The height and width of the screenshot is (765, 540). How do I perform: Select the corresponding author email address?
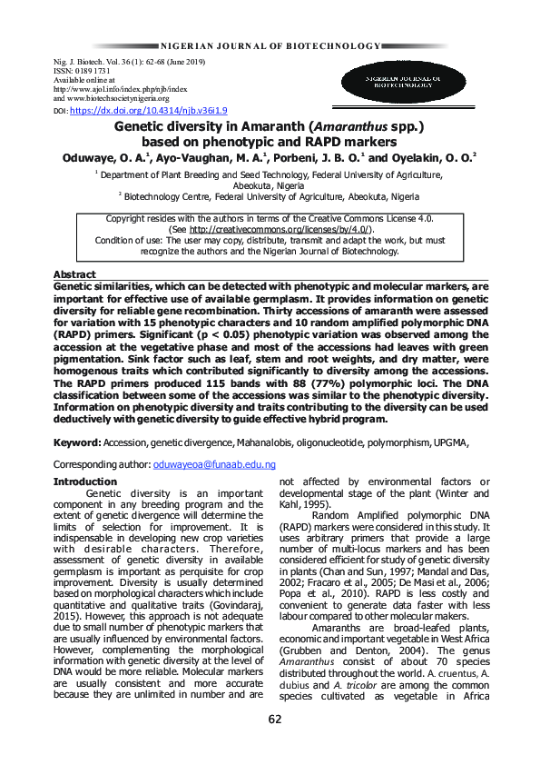[214, 463]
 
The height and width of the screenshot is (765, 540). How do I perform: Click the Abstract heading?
[74, 274]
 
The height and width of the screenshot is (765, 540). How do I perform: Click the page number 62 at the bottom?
[275, 720]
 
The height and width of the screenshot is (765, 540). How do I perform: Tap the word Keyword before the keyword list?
[77, 442]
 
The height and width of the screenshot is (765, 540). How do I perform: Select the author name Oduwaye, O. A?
[105, 157]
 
